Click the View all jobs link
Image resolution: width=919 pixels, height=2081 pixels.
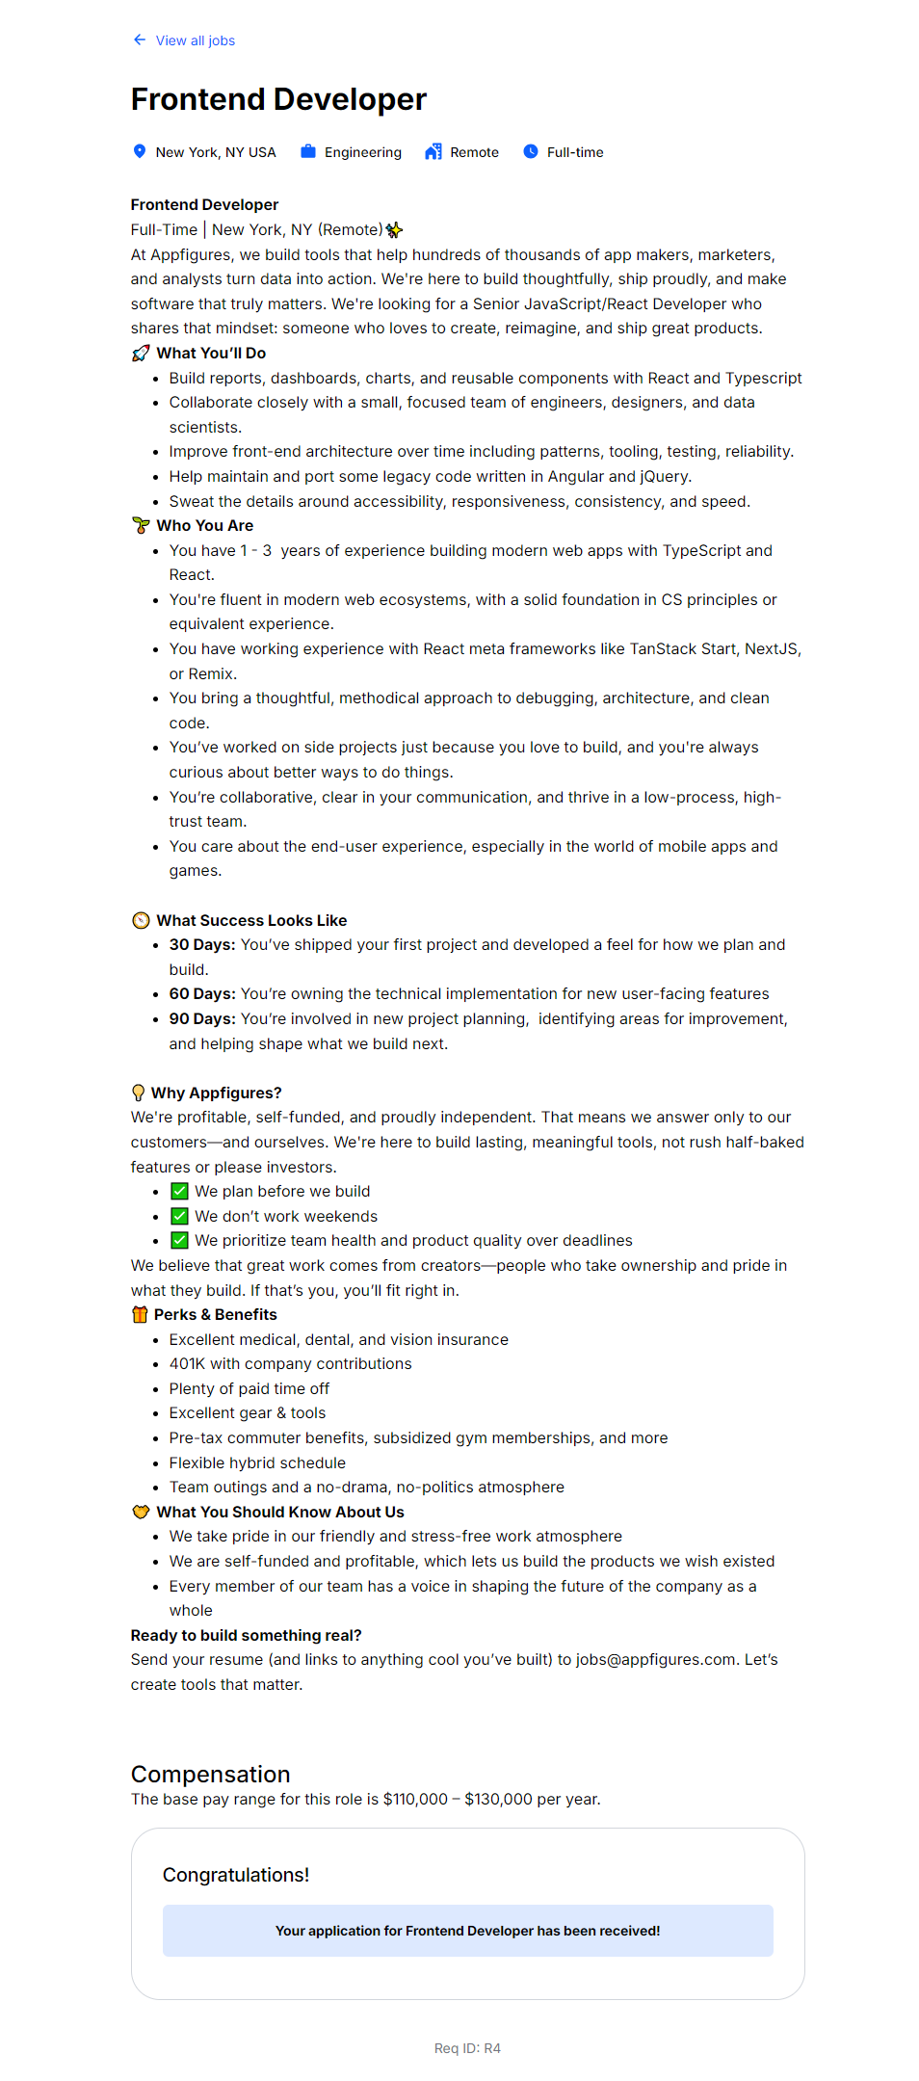[195, 40]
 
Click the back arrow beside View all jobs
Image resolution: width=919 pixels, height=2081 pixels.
[140, 40]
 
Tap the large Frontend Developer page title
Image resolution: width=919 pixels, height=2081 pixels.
[278, 99]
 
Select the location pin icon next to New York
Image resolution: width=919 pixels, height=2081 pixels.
[140, 151]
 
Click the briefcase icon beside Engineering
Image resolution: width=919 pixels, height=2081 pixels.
[308, 151]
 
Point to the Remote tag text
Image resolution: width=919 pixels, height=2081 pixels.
[474, 152]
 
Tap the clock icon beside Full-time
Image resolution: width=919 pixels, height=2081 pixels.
[531, 151]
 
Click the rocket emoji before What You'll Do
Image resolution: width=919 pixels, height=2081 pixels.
[141, 354]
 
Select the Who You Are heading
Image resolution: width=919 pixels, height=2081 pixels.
[204, 526]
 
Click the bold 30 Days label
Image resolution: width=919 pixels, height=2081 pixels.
[202, 945]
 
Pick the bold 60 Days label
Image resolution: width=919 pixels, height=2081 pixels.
[202, 994]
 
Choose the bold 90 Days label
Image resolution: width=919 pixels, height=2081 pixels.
[202, 1019]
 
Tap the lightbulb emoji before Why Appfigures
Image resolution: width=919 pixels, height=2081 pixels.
[139, 1093]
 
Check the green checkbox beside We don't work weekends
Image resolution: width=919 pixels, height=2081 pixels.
[180, 1216]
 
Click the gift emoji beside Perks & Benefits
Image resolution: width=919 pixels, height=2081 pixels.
[140, 1315]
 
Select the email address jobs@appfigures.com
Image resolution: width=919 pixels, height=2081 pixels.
[656, 1660]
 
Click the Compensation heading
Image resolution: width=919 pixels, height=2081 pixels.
[210, 1775]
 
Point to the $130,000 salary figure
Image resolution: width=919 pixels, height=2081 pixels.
[498, 1800]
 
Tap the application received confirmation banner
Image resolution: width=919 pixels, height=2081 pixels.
[467, 1931]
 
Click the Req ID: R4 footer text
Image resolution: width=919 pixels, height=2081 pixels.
[467, 2048]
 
